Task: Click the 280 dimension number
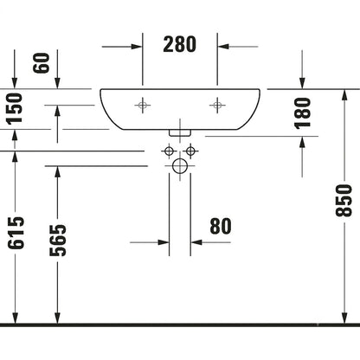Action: [x=179, y=44]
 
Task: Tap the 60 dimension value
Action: [x=42, y=63]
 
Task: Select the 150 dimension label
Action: [x=15, y=109]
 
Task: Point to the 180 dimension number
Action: [x=302, y=113]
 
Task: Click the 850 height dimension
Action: [x=344, y=201]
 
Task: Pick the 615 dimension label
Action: [x=16, y=233]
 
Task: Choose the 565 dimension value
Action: [x=58, y=240]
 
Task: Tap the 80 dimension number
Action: [x=221, y=226]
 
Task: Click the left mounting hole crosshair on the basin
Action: [x=143, y=105]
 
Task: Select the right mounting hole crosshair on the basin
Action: [x=217, y=105]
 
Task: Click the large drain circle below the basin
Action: [x=180, y=166]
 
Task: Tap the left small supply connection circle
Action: [x=169, y=151]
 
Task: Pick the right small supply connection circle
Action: [x=190, y=151]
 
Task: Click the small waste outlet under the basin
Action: [x=180, y=132]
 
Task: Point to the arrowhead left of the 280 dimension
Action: [x=137, y=47]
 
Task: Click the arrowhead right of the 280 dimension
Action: [x=223, y=47]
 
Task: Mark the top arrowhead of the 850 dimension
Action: [x=344, y=95]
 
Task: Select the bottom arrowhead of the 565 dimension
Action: [x=58, y=318]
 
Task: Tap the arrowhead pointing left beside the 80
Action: [x=196, y=242]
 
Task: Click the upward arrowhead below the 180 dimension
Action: [x=302, y=142]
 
